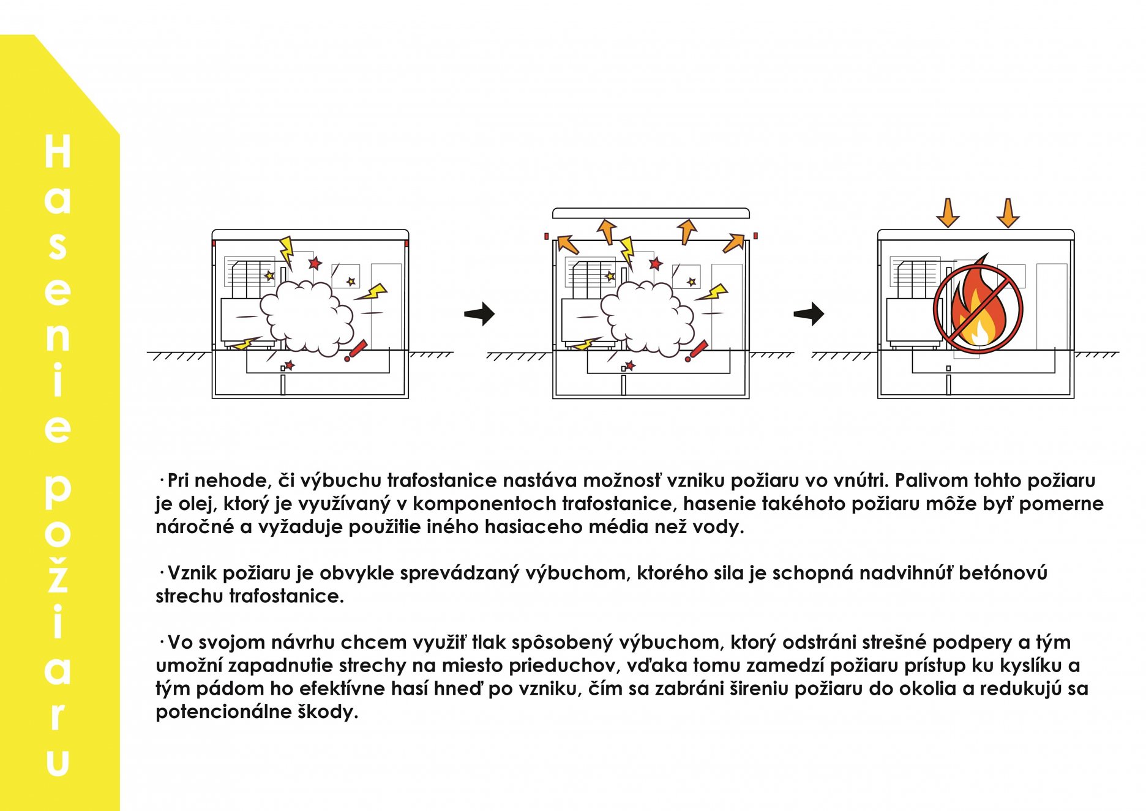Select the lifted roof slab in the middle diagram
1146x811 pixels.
(x=650, y=213)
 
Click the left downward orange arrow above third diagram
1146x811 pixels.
(x=948, y=213)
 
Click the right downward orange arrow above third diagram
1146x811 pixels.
(x=1008, y=213)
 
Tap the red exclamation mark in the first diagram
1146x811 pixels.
(x=356, y=351)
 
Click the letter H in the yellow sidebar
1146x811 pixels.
(x=58, y=151)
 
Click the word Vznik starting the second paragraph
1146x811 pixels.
(x=192, y=573)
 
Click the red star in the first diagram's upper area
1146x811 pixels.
(x=315, y=263)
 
